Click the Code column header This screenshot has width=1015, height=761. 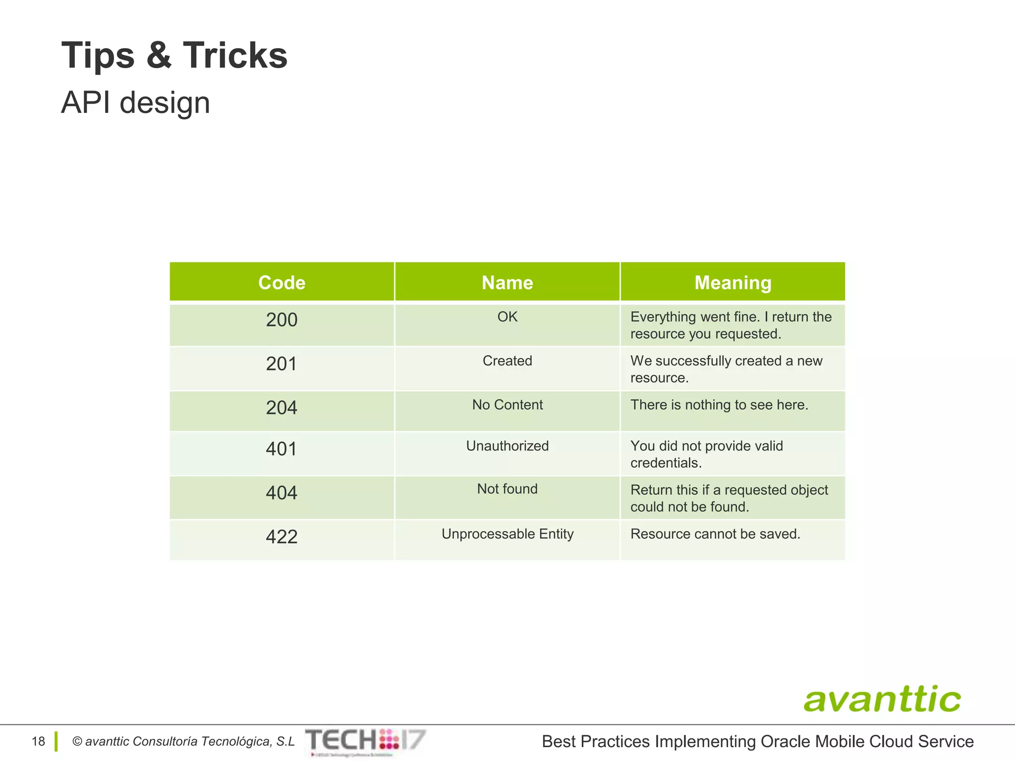[282, 282]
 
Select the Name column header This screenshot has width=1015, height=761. [507, 282]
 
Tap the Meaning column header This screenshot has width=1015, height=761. [733, 282]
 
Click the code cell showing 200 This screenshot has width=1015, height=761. [282, 320]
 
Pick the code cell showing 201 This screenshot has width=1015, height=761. [282, 364]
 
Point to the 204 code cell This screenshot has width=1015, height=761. [282, 408]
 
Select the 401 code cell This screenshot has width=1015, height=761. [282, 449]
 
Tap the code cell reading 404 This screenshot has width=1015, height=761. [282, 493]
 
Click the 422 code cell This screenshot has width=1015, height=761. [282, 537]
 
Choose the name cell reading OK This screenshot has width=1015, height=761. [507, 317]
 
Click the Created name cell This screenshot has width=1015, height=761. [507, 361]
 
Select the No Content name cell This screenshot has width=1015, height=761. [507, 405]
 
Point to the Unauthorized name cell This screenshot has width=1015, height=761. [507, 446]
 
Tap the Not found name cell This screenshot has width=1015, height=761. [507, 489]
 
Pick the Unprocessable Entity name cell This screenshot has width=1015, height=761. [507, 534]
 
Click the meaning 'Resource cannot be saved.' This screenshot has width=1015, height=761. [715, 534]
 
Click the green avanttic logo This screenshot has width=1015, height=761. [882, 699]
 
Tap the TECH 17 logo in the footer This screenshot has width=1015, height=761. [365, 741]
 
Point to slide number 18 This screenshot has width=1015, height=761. [38, 742]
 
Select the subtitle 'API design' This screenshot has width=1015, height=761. [135, 103]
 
